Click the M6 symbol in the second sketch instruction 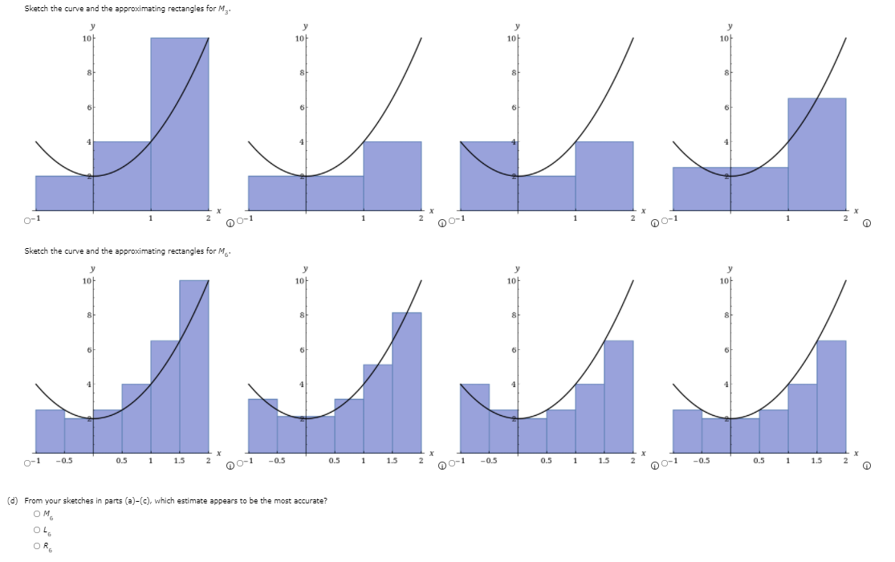[x=227, y=252]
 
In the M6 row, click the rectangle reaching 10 [x=193, y=361]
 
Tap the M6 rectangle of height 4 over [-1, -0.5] [x=474, y=417]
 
